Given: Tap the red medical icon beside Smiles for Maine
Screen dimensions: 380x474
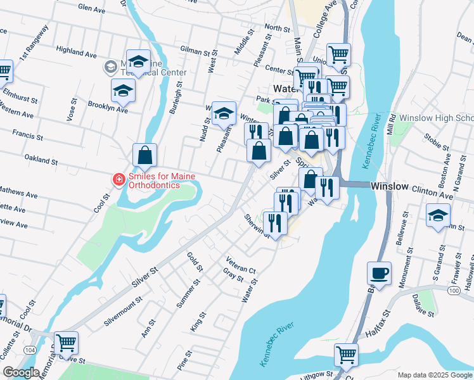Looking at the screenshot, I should pyautogui.click(x=118, y=180).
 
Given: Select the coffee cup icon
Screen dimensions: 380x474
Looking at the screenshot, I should pyautogui.click(x=380, y=273).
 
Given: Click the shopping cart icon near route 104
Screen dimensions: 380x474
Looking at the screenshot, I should pyautogui.click(x=66, y=343).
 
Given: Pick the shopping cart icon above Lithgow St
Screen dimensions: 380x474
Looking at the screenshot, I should pyautogui.click(x=346, y=355).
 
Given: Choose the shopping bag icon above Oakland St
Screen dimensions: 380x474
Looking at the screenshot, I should pyautogui.click(x=145, y=155).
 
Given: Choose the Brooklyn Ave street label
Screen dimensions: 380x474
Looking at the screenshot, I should pyautogui.click(x=108, y=106).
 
